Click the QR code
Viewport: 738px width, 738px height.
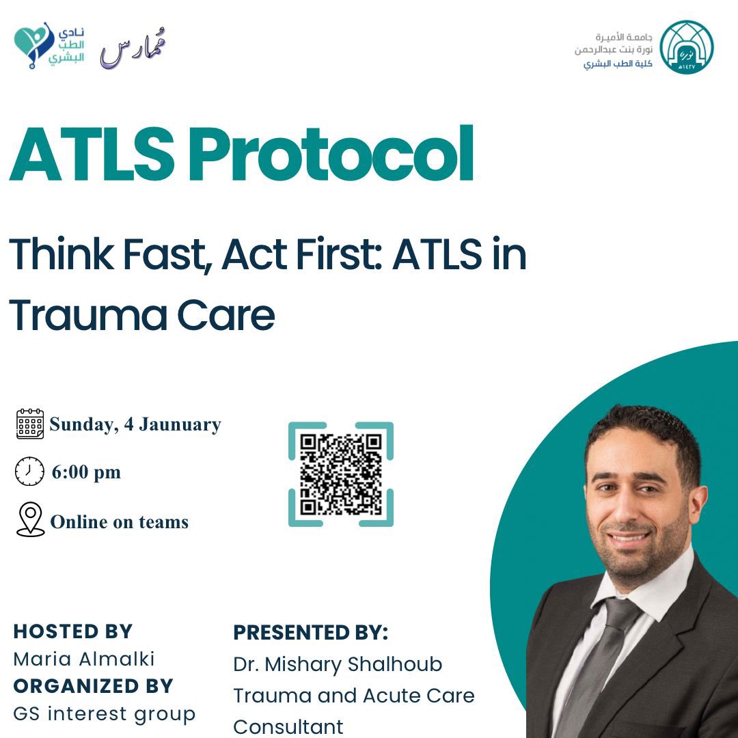[341, 474]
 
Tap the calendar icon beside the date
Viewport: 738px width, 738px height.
[29, 424]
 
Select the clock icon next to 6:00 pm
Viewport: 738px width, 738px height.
[29, 471]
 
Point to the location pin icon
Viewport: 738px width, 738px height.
[30, 520]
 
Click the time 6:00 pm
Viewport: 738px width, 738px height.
[86, 472]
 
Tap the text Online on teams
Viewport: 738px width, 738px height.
[120, 522]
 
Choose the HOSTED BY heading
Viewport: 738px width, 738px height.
[73, 631]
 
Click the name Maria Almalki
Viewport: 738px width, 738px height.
[84, 659]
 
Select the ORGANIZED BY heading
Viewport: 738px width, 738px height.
[94, 685]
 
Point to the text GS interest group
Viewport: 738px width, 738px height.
[105, 713]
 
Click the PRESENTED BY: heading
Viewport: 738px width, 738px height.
[311, 632]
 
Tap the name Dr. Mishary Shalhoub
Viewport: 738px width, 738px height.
[338, 664]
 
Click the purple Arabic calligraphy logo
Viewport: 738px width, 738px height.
[133, 48]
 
